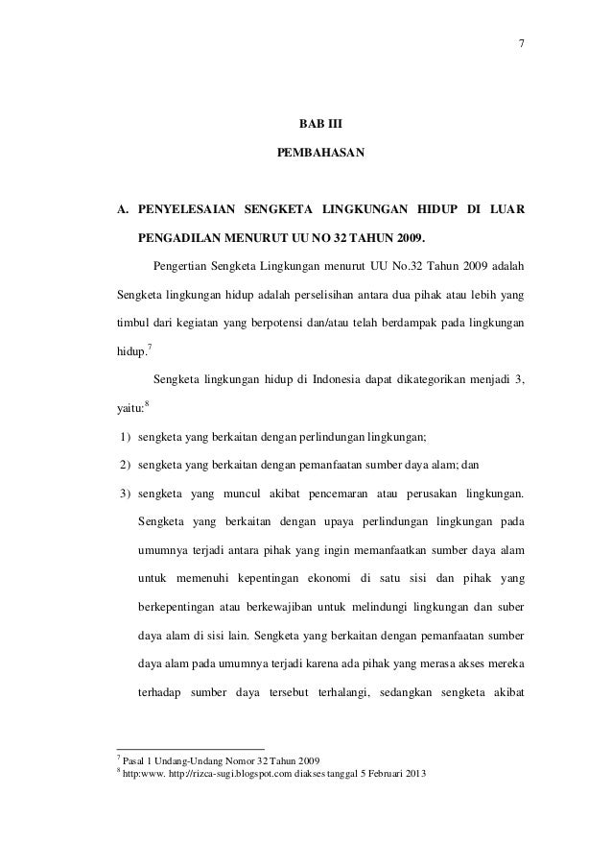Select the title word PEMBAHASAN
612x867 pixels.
tap(319, 154)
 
